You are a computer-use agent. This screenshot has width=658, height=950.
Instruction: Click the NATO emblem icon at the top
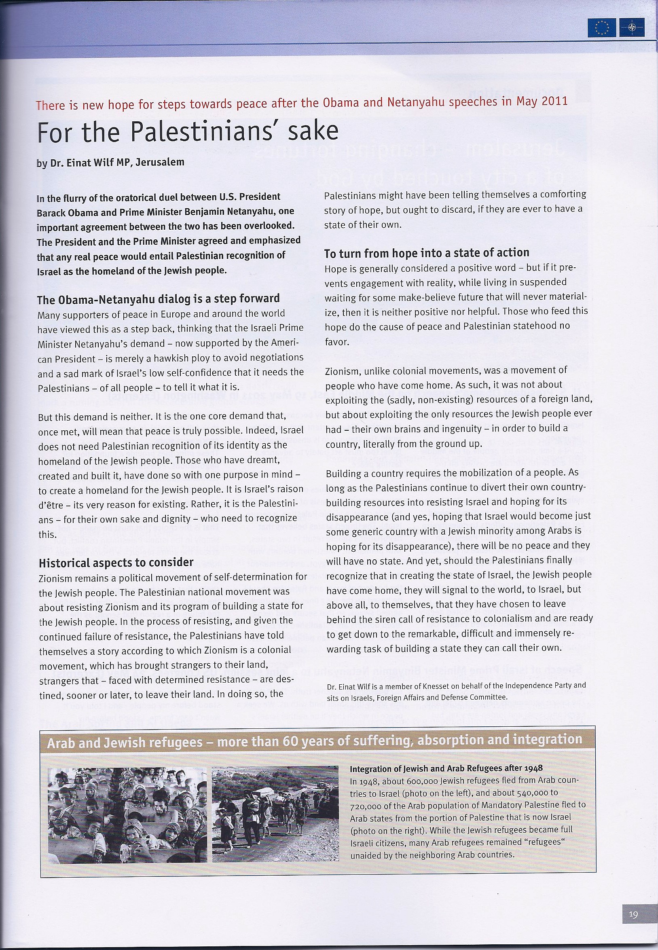pyautogui.click(x=632, y=28)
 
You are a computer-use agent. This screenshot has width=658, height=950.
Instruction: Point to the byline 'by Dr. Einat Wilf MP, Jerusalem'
pyautogui.click(x=110, y=163)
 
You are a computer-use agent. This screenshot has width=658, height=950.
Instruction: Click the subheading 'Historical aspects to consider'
pyautogui.click(x=116, y=562)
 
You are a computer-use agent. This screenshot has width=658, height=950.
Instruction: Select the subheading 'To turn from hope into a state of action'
pyautogui.click(x=426, y=252)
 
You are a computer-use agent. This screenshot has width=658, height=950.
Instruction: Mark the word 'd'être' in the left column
pyautogui.click(x=49, y=504)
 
